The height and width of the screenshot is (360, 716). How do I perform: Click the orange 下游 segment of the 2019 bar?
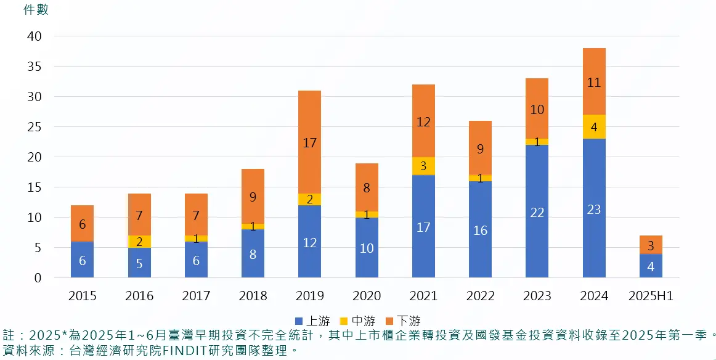tap(309, 142)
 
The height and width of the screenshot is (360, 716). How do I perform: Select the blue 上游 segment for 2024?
tap(594, 208)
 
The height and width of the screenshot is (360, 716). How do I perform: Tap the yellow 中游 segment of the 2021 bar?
tap(423, 166)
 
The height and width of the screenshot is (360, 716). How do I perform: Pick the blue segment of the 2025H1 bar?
tap(651, 266)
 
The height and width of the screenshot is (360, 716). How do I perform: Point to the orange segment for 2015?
tap(82, 224)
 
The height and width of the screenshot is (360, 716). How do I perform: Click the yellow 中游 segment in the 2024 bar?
tap(594, 127)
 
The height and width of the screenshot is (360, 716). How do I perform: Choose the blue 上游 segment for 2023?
tap(537, 211)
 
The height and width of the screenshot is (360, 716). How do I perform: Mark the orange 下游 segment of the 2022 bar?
tap(480, 148)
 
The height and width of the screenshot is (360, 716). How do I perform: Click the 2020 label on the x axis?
tap(367, 297)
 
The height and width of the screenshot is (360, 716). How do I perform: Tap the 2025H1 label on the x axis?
tap(651, 297)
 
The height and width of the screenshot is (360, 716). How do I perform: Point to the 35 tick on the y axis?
tap(34, 67)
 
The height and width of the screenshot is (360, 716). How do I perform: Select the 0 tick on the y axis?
tap(38, 278)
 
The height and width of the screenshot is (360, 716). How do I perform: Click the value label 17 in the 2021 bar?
tap(423, 227)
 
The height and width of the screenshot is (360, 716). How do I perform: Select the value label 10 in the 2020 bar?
tap(367, 248)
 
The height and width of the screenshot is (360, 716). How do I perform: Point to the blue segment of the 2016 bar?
tap(139, 263)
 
